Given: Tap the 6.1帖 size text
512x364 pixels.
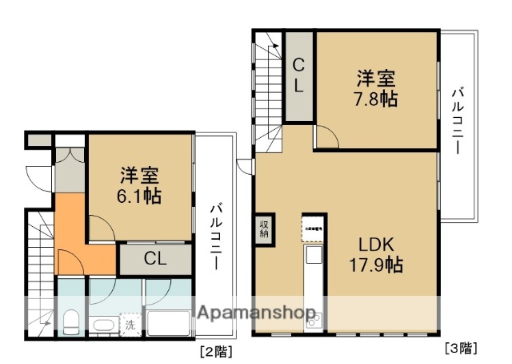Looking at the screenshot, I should click(x=141, y=195).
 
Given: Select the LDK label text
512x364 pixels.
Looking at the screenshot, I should click(x=375, y=244).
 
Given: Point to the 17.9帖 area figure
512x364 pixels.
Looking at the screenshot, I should click(x=375, y=264).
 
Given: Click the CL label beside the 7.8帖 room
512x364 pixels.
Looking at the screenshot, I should click(x=298, y=76).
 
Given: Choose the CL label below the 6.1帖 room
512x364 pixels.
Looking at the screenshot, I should click(x=156, y=258).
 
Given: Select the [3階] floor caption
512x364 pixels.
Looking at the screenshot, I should click(x=461, y=348).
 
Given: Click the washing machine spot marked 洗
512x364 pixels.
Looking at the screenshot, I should click(x=129, y=325).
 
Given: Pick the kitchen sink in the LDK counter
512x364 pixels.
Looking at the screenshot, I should click(x=312, y=256).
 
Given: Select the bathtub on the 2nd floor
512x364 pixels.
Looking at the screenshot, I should click(x=169, y=322).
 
